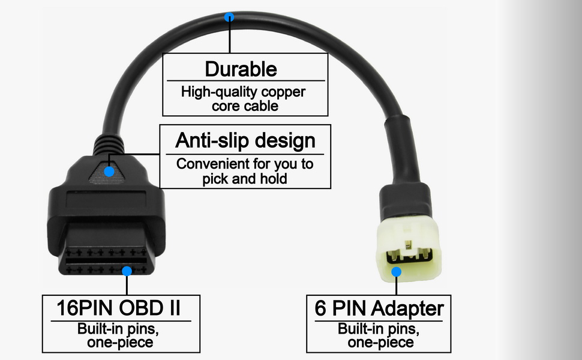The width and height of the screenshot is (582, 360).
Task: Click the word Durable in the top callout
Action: click(241, 69)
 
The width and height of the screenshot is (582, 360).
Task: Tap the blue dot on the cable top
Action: click(229, 17)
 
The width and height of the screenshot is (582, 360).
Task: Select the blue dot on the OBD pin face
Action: click(127, 271)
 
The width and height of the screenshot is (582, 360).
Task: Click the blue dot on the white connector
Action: click(396, 272)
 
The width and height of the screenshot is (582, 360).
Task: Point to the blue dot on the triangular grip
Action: click(109, 171)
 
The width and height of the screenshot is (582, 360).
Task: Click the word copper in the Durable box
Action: click(283, 92)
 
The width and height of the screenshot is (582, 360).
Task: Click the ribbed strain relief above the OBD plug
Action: click(109, 143)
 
